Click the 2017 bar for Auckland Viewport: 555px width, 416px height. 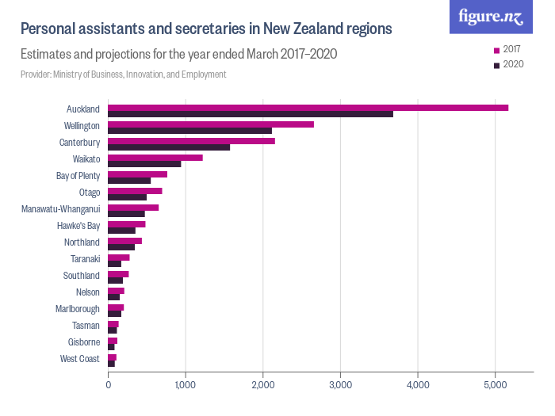coord(308,108)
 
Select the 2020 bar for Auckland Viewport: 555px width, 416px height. coord(251,114)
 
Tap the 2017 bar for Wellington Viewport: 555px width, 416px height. coord(211,124)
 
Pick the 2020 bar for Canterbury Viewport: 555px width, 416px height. coord(169,147)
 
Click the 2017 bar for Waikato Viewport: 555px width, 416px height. coord(155,158)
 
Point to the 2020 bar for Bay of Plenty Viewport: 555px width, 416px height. coord(129,181)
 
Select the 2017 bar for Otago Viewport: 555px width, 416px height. coord(135,191)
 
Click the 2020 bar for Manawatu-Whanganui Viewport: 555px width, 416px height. coord(126,214)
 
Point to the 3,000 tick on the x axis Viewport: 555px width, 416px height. coord(340,385)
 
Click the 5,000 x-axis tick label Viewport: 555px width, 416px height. coord(495,385)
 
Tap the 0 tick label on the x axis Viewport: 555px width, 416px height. coord(109,385)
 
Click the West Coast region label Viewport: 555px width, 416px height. coord(80,359)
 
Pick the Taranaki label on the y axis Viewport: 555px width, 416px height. coord(85,258)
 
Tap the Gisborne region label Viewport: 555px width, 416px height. coord(83,342)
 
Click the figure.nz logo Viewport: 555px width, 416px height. coord(491,17)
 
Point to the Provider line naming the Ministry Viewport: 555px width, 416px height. coord(123,74)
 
